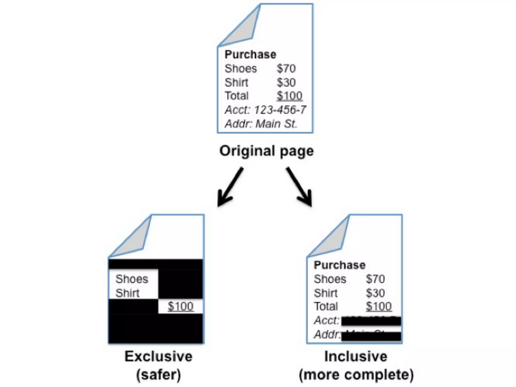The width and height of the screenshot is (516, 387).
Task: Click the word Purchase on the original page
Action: pyautogui.click(x=250, y=54)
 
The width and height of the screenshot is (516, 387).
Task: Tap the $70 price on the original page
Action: pyautogui.click(x=286, y=69)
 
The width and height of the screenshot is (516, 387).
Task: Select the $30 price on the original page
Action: pyautogui.click(x=286, y=82)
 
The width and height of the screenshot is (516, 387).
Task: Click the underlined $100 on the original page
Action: pyautogui.click(x=289, y=96)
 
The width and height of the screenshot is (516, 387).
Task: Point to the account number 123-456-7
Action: pyautogui.click(x=280, y=110)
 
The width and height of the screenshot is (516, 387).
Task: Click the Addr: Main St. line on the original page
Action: pyautogui.click(x=261, y=124)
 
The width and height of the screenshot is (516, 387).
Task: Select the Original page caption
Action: pyautogui.click(x=266, y=151)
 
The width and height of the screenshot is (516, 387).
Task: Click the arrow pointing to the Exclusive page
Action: pyautogui.click(x=229, y=188)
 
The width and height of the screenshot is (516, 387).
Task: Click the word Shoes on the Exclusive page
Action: pyautogui.click(x=132, y=279)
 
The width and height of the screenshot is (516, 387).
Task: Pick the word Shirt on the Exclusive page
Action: pyautogui.click(x=127, y=293)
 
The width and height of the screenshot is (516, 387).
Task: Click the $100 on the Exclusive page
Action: pyautogui.click(x=180, y=306)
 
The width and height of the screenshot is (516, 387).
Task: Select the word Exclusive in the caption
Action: pyautogui.click(x=158, y=357)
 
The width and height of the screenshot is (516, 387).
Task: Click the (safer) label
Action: pyautogui.click(x=158, y=375)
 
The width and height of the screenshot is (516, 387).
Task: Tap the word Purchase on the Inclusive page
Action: pyautogui.click(x=339, y=265)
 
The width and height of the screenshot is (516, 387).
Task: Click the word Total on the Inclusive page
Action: pyautogui.click(x=326, y=307)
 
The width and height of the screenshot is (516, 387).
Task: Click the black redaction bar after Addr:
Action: pyautogui.click(x=371, y=336)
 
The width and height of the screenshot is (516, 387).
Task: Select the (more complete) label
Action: pyautogui.click(x=356, y=375)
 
